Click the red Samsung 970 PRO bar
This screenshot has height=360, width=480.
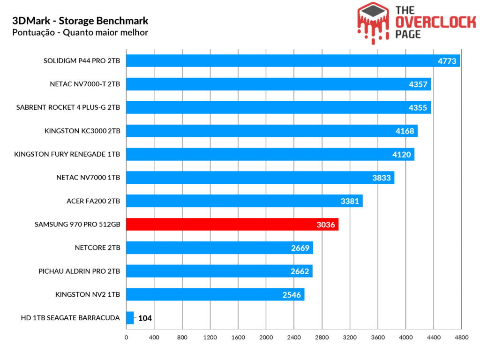pyautogui.click(x=232, y=225)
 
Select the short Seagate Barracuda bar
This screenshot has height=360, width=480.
pyautogui.click(x=130, y=318)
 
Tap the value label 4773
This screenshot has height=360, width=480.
pyautogui.click(x=447, y=61)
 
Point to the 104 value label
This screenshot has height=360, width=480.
pyautogui.click(x=145, y=318)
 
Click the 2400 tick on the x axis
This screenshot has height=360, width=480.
pyautogui.click(x=294, y=337)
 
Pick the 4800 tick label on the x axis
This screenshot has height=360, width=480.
pyautogui.click(x=461, y=337)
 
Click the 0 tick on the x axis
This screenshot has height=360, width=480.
pyautogui.click(x=126, y=337)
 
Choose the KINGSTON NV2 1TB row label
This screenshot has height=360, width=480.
pyautogui.click(x=88, y=295)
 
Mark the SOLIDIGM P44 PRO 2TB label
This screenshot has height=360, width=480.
pyautogui.click(x=82, y=61)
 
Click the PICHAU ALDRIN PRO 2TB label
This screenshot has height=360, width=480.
pyautogui.click(x=79, y=271)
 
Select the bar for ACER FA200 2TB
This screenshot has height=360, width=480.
pyautogui.click(x=244, y=201)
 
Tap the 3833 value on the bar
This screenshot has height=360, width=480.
pyautogui.click(x=381, y=178)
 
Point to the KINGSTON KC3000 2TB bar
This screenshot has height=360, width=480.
pyautogui.click(x=272, y=131)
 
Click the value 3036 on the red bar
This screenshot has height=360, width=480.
pyautogui.click(x=326, y=225)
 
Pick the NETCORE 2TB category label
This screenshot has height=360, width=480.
pyautogui.click(x=97, y=248)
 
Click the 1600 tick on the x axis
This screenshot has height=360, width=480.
pyautogui.click(x=238, y=337)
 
